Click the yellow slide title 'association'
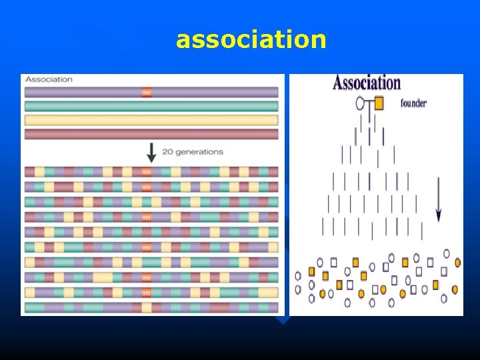click(251, 40)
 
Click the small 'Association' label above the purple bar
click(49, 79)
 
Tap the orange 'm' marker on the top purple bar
click(146, 93)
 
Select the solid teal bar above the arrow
click(151, 106)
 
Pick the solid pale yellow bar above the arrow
click(151, 120)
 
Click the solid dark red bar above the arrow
click(151, 134)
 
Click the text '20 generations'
click(193, 152)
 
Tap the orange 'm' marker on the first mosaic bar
click(146, 172)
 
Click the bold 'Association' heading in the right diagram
click(367, 83)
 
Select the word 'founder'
click(413, 103)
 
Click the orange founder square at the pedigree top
click(379, 103)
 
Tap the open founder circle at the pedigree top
click(361, 103)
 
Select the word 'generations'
click(199, 152)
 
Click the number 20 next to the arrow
click(167, 152)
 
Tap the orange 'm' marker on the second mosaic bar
click(146, 187)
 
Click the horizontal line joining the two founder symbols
click(369, 103)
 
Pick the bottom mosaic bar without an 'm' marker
click(151, 307)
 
